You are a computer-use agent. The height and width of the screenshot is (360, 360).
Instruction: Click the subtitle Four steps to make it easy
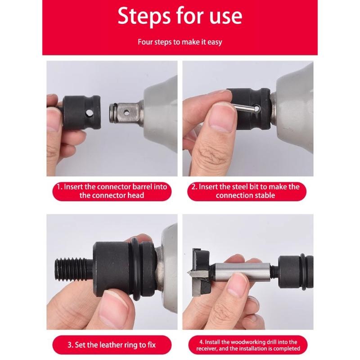click(x=180, y=42)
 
